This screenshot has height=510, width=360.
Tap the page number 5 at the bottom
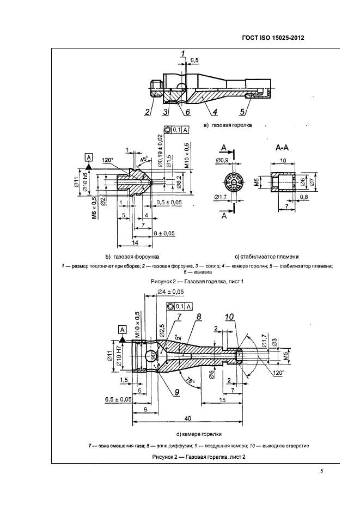[322, 472]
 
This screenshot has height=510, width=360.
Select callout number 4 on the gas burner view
[215, 113]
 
